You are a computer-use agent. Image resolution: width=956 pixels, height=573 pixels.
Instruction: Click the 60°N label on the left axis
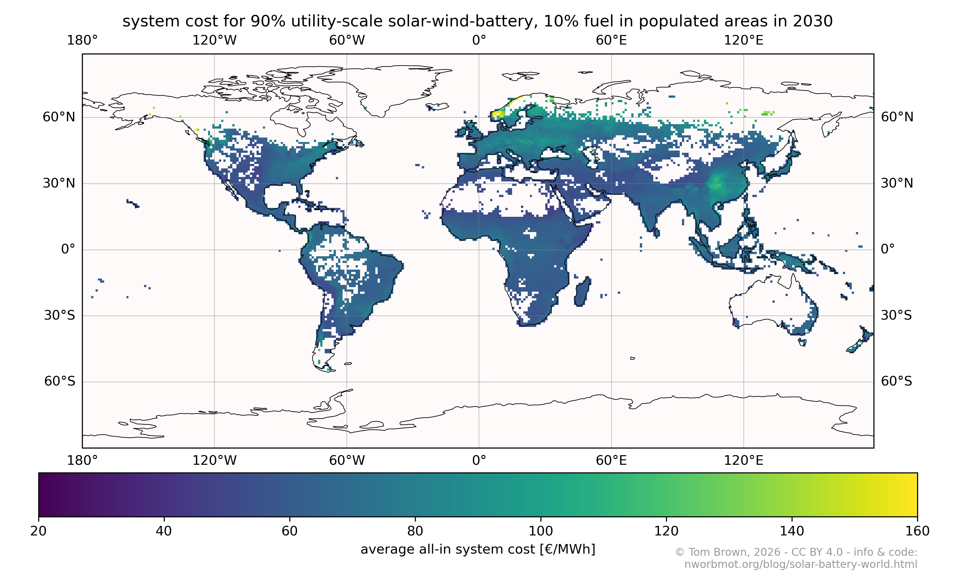pos(59,117)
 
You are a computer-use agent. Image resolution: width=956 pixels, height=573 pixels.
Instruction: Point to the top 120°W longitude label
pos(214,40)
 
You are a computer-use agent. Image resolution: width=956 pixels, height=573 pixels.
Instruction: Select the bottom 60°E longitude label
pos(611,460)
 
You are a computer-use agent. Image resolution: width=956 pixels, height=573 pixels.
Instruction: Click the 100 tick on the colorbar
pos(540,531)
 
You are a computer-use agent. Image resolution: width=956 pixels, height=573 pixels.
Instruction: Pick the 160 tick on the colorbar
pos(917,531)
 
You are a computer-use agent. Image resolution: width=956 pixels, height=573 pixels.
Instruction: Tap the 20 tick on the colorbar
pos(39,531)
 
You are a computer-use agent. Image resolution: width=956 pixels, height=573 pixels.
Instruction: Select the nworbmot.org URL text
pos(800,564)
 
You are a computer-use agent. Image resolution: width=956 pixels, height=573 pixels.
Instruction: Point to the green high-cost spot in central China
pos(716,182)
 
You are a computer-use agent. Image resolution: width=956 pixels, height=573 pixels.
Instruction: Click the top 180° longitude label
pos(82,40)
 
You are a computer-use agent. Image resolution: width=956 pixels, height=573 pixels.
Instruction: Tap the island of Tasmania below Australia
pos(802,342)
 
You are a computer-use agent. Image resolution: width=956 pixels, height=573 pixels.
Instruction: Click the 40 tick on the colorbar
pos(164,531)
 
